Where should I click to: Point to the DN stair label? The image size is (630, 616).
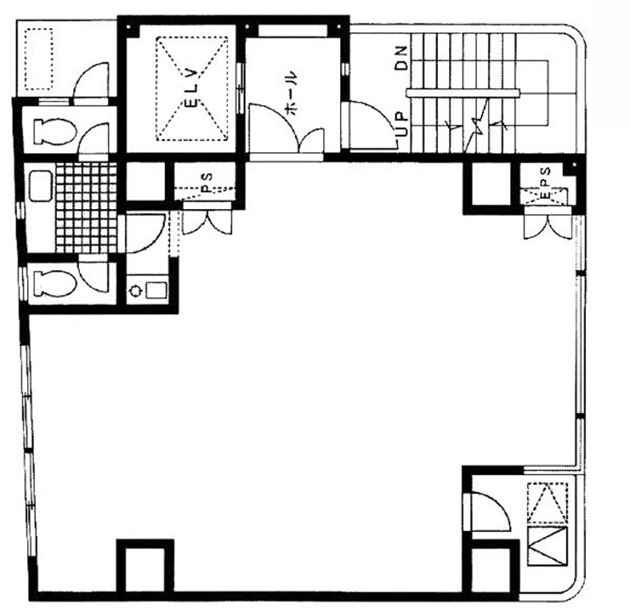pyautogui.click(x=401, y=58)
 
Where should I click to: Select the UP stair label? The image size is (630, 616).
pyautogui.click(x=401, y=123)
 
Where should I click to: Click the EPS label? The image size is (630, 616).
pyautogui.click(x=546, y=183)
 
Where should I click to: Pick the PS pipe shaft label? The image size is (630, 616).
pyautogui.click(x=206, y=182)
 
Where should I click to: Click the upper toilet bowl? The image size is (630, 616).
pyautogui.click(x=55, y=131)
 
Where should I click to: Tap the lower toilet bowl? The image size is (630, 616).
pyautogui.click(x=55, y=283)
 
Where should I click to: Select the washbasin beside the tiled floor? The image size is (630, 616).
pyautogui.click(x=41, y=186)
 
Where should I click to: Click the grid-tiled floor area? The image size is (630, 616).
pyautogui.click(x=86, y=208)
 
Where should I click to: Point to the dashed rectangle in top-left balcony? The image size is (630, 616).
pyautogui.click(x=39, y=58)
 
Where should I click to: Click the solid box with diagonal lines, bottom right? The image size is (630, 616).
pyautogui.click(x=548, y=546)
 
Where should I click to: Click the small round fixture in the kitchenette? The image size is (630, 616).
pyautogui.click(x=134, y=290)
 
